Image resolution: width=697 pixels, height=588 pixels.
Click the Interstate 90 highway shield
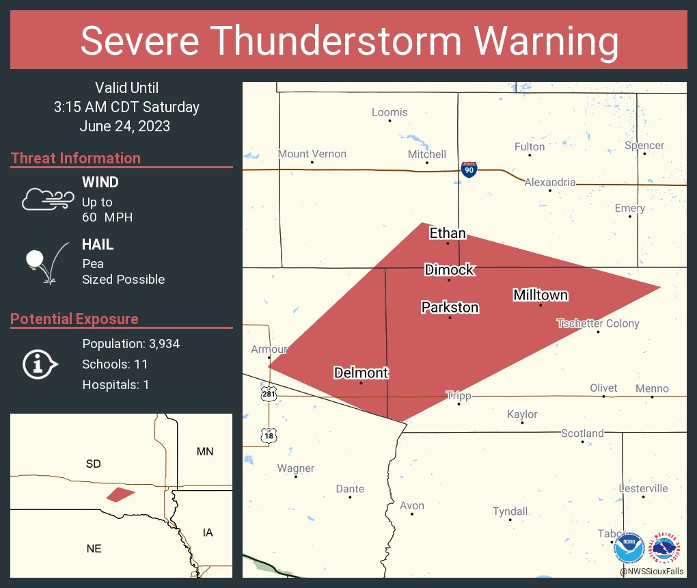pyautogui.click(x=469, y=170)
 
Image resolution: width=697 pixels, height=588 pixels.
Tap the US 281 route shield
pyautogui.click(x=268, y=395)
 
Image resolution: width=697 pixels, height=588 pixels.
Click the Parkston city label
pyautogui.click(x=450, y=307)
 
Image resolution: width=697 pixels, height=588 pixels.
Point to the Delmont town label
pyautogui.click(x=361, y=373)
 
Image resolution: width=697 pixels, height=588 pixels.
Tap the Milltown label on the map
pyautogui.click(x=541, y=295)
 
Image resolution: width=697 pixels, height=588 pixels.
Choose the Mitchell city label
pyautogui.click(x=427, y=154)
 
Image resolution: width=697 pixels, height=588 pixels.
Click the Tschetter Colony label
pyautogui.click(x=598, y=323)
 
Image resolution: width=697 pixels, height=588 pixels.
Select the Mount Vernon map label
pyautogui.click(x=312, y=154)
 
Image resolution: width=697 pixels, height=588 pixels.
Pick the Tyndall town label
pyautogui.click(x=510, y=511)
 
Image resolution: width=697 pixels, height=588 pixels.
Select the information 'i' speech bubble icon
pyautogui.click(x=40, y=364)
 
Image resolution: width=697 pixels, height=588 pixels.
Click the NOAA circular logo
pyautogui.click(x=629, y=549)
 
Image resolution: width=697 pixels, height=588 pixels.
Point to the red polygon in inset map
pyautogui.click(x=120, y=494)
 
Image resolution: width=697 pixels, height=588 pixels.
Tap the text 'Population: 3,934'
pyautogui.click(x=131, y=344)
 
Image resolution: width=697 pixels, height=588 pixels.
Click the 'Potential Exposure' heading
pyautogui.click(x=74, y=319)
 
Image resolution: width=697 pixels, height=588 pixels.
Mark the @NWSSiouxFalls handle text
pyautogui.click(x=653, y=571)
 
